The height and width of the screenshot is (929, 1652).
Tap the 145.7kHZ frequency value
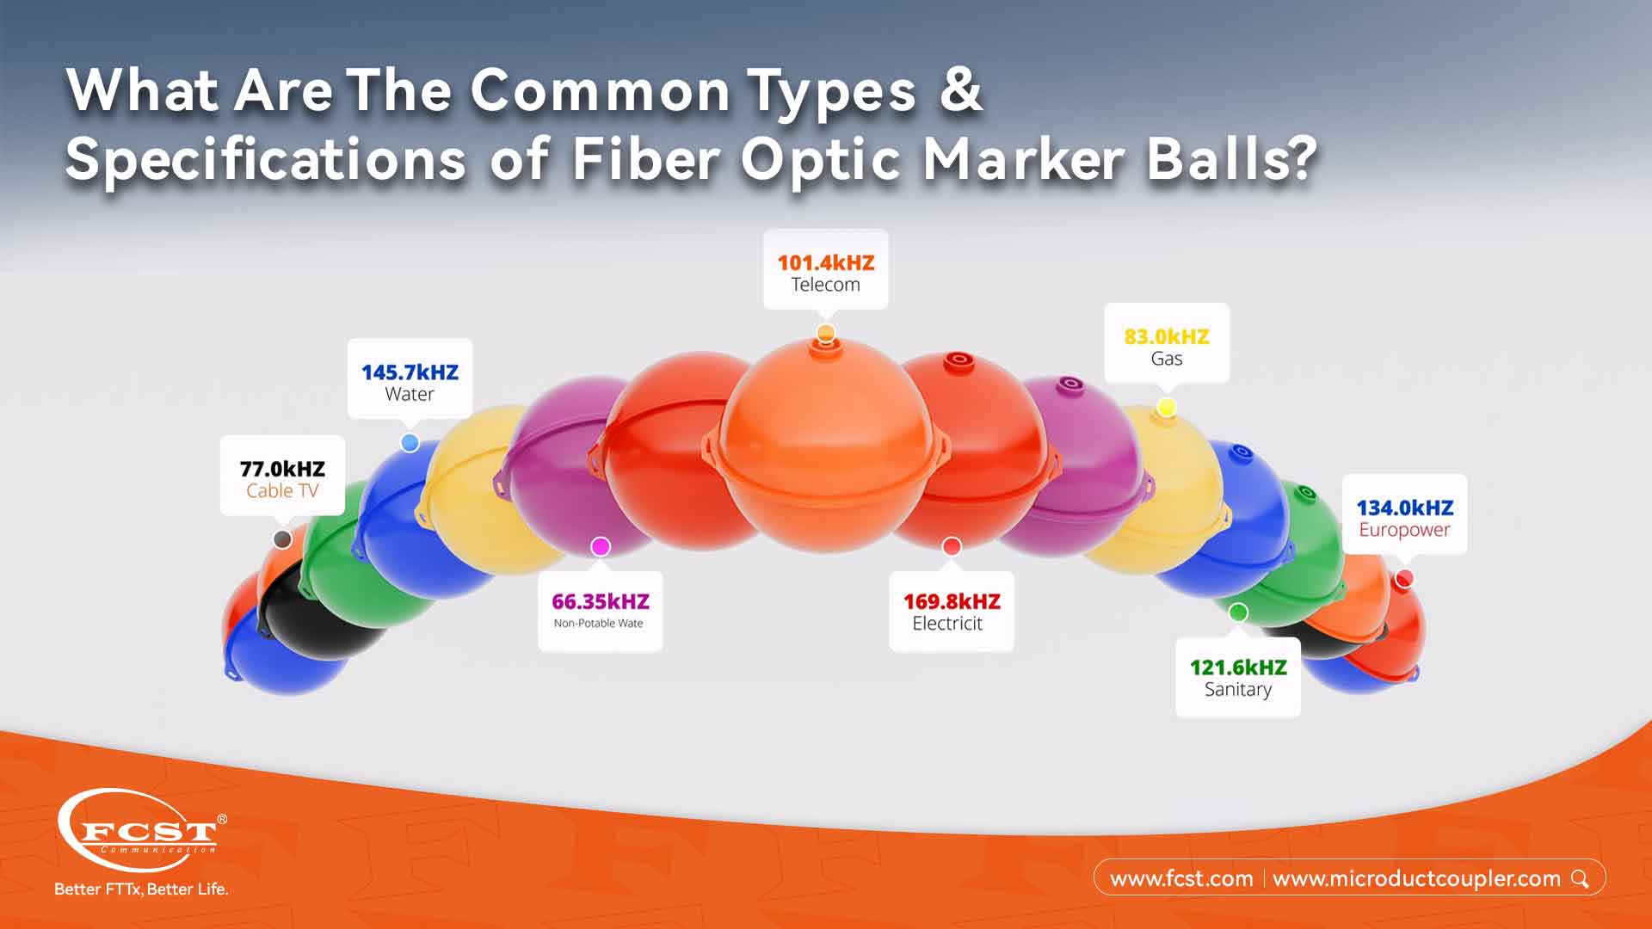click(410, 372)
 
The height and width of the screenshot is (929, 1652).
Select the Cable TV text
click(282, 491)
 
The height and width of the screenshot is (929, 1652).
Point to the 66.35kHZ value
click(600, 601)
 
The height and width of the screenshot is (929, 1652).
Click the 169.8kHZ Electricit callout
click(951, 612)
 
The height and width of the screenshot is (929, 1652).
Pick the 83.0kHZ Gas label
click(1166, 346)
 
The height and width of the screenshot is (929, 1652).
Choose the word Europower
click(1404, 530)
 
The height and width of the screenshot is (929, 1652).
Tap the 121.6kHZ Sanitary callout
click(1237, 678)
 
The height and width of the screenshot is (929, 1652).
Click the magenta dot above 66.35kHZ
click(601, 546)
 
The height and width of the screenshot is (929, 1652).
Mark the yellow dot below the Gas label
click(1166, 407)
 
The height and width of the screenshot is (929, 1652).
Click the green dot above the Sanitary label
click(1238, 612)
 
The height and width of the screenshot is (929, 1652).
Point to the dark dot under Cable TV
click(282, 539)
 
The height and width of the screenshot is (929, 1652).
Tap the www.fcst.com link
click(1180, 879)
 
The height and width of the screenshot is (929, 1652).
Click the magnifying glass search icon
click(1580, 878)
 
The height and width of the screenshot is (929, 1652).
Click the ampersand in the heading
click(960, 89)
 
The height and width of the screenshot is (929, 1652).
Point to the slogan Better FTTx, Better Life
click(141, 889)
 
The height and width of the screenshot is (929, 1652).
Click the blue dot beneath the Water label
click(410, 443)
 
